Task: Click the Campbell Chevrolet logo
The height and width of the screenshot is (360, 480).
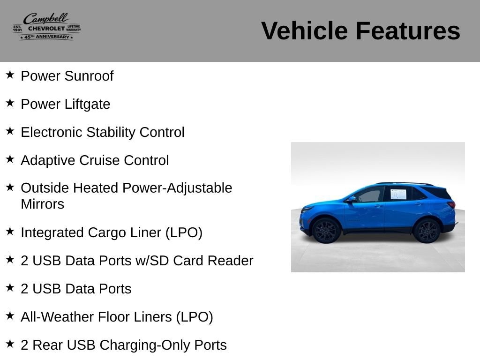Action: tap(47, 26)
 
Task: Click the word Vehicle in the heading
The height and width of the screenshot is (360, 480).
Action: tap(304, 31)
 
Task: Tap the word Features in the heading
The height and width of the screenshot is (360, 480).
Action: tap(408, 31)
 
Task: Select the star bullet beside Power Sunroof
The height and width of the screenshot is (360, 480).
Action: tap(10, 75)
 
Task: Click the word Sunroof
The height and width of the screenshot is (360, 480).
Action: tap(89, 76)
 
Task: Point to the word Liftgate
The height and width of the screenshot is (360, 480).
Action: tap(87, 105)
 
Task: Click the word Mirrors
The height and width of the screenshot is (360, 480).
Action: tap(43, 204)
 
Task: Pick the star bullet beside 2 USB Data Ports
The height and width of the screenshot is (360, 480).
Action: tap(10, 287)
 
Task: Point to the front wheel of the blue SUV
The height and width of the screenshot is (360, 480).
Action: tap(326, 231)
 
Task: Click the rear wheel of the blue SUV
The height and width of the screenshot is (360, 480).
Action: tap(427, 231)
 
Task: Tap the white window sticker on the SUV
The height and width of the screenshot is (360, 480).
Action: tap(398, 194)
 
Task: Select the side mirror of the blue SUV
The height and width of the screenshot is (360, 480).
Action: tap(351, 199)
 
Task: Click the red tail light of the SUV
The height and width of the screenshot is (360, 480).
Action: tap(451, 204)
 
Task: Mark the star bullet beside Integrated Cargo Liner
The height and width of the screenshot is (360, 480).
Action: tap(10, 231)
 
